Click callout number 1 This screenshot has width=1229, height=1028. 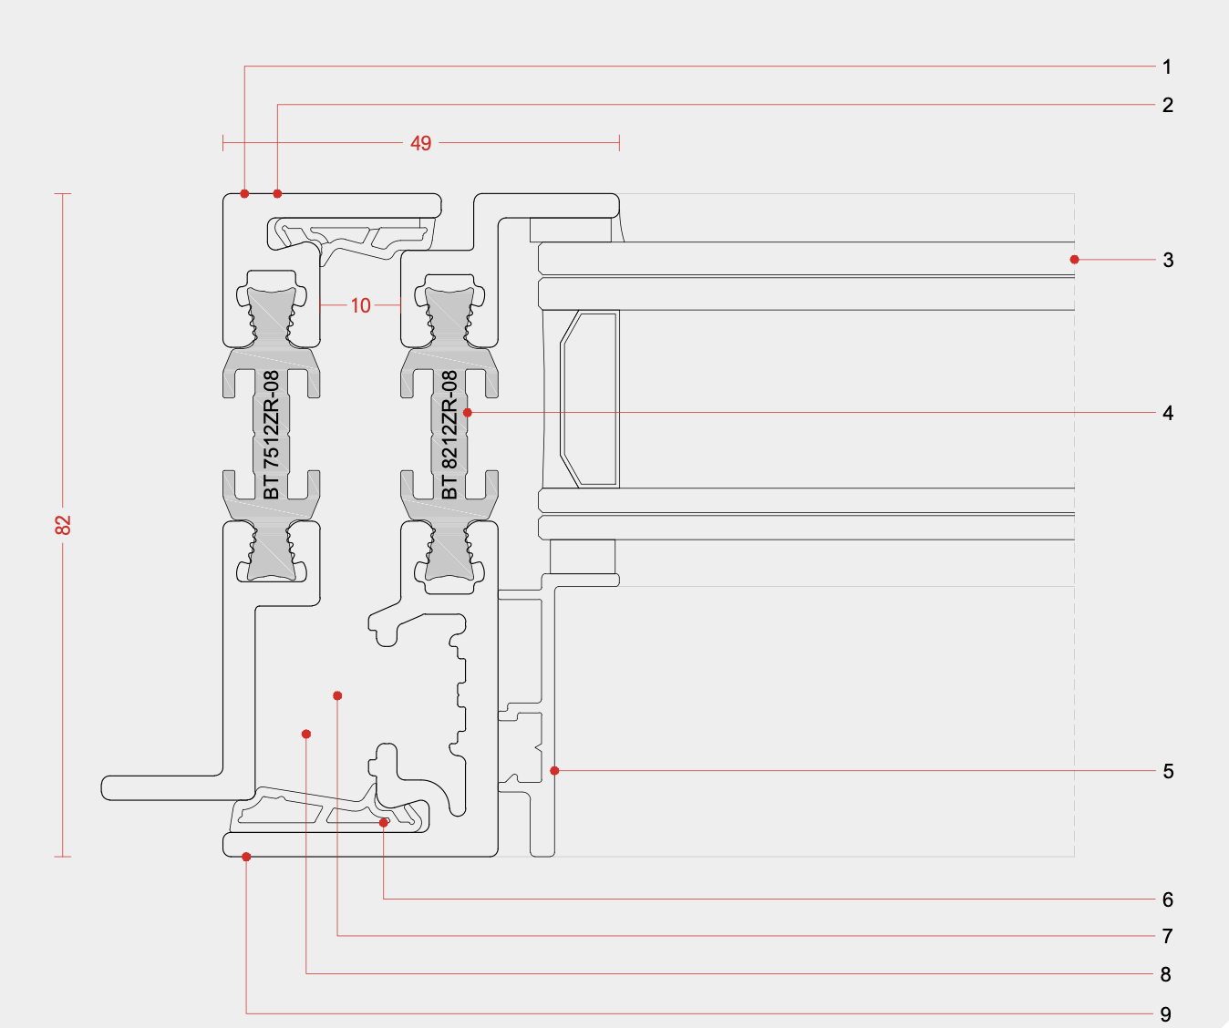[1166, 67]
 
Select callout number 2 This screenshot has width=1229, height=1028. [1167, 105]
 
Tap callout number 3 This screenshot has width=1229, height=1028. [1167, 261]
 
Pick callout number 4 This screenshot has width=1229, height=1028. [1167, 414]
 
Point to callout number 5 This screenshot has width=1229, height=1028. [1167, 772]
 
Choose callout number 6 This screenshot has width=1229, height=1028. [1167, 900]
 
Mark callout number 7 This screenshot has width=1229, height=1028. [1167, 936]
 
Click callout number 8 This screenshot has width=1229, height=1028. [1165, 975]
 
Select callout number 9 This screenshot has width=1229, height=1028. [1165, 1014]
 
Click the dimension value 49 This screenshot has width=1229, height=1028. [420, 143]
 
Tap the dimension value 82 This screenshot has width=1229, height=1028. [63, 525]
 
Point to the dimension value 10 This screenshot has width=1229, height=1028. [361, 305]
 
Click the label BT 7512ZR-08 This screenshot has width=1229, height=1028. [271, 435]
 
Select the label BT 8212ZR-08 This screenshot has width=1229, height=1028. [449, 435]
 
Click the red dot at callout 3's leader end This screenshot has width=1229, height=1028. [1074, 260]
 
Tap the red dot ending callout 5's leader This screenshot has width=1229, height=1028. [554, 771]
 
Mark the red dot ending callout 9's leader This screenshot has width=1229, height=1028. [246, 857]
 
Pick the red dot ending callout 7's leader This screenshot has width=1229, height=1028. [337, 695]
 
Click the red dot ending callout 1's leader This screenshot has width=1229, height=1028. [244, 193]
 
